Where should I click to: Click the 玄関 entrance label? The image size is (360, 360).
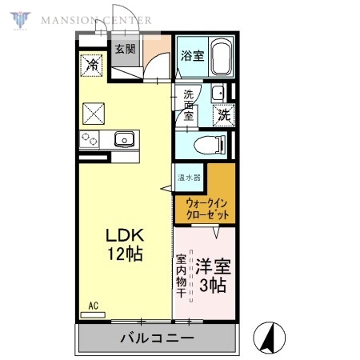point(125,49)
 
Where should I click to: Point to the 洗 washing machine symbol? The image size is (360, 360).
point(224,114)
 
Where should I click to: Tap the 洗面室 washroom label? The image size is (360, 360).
point(188,105)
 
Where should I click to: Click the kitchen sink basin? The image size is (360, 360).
point(125,140)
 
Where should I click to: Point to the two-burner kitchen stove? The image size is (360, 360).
point(90,141)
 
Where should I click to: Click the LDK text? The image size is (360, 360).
point(126,237)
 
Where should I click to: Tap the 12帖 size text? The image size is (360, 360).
point(126,255)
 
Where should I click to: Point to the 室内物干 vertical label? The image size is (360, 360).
point(181,277)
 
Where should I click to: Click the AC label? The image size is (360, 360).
point(93,306)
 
